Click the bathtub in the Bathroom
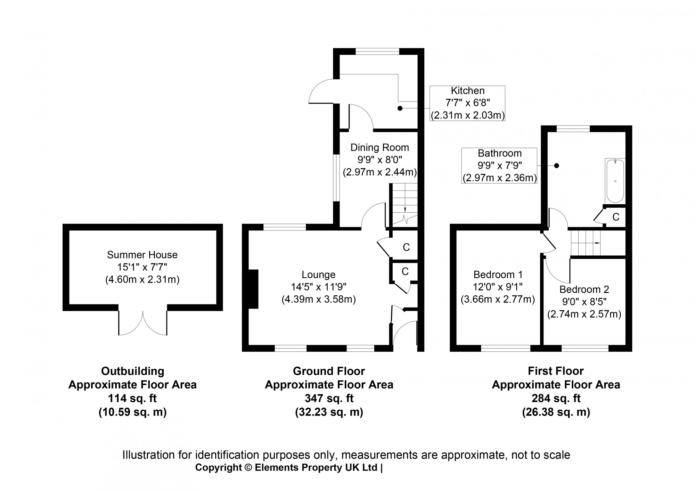615,181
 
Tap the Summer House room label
142,255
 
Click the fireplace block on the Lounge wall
253,289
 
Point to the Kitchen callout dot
400,108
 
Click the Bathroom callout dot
556,166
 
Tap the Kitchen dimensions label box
467,103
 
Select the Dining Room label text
379,147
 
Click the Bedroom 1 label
498,275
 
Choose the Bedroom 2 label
584,289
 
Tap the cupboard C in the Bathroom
615,217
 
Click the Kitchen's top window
377,51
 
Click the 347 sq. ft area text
329,398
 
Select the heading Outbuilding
132,371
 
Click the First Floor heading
556,371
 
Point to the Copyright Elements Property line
289,468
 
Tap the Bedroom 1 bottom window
506,348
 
